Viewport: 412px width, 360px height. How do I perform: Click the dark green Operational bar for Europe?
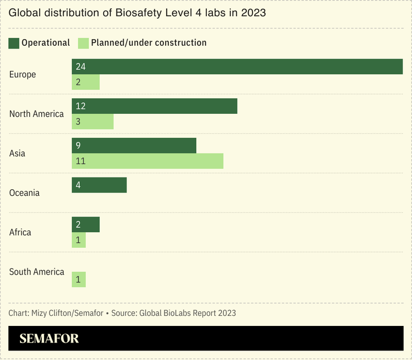click(x=237, y=66)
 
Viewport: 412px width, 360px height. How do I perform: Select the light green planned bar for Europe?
click(x=86, y=83)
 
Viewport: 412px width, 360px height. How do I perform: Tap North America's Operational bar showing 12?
click(x=154, y=106)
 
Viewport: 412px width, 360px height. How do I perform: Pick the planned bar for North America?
click(x=93, y=122)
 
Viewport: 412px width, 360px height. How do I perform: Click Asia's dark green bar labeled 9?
click(x=134, y=146)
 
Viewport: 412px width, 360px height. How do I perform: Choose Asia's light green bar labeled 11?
click(x=147, y=161)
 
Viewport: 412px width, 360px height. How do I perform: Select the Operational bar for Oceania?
click(x=99, y=185)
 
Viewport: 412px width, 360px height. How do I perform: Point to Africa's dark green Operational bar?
click(x=86, y=224)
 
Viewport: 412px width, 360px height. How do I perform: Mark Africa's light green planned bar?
click(x=79, y=241)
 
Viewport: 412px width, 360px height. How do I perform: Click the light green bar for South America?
click(x=79, y=280)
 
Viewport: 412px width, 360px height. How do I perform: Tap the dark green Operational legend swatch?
click(x=14, y=43)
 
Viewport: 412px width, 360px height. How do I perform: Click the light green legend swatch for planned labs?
click(x=83, y=43)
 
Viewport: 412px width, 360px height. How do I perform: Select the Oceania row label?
click(x=25, y=193)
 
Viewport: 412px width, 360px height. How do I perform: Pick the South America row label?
click(x=37, y=272)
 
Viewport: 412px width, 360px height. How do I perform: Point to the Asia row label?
click(x=17, y=153)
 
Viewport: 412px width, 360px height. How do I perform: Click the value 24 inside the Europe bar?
click(x=81, y=66)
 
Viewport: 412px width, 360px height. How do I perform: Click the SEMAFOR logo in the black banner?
click(x=49, y=339)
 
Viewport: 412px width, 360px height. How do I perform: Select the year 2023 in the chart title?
click(x=253, y=12)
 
